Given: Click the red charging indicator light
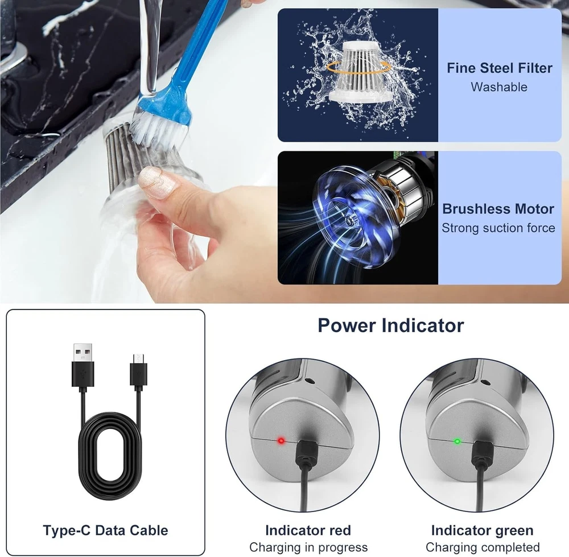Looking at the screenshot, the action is coord(281,441).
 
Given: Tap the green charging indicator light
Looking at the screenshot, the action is coord(457,442).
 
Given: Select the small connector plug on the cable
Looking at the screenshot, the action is coord(139,370).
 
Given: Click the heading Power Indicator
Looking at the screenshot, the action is coord(391,325).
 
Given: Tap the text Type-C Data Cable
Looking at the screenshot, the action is coord(105,530).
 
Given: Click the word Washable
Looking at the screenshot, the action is coord(499,87).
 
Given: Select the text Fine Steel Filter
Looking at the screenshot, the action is coord(500,68).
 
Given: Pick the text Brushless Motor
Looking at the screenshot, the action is coord(498,209).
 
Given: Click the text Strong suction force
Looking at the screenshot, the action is coord(498,228).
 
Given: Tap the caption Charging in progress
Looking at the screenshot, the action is coord(308,547).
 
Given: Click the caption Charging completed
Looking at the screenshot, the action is coord(483,547).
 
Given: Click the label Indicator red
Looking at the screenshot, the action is coord(308,530).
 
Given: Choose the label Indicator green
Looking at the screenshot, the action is coord(483,530).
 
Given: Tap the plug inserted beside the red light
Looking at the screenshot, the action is coord(307,453).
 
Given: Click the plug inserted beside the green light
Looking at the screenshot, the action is coord(482,453).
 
